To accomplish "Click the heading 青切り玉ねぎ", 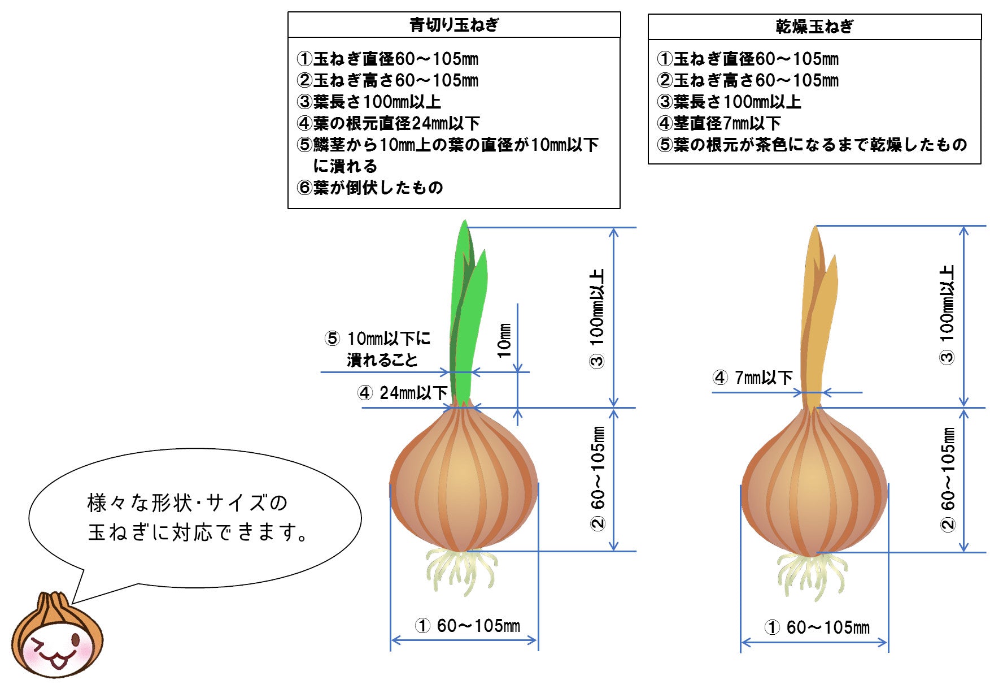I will pos(454,25).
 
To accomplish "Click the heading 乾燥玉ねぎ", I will pos(814,27).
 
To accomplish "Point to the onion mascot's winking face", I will pos(56,650).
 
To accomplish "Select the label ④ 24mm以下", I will pos(402,393).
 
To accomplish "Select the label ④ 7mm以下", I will pos(752,378).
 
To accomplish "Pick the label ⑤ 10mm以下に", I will pos(377,339).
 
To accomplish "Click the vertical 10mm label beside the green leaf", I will pos(504,340).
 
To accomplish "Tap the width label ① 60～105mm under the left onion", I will pos(468,626).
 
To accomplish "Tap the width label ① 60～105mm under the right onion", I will pos(817,627).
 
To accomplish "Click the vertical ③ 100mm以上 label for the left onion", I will pos(597,319).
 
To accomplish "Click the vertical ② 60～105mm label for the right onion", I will pos(948,479).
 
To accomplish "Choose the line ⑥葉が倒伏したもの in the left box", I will pos(370,188).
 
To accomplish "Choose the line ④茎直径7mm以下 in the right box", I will pos(719,123).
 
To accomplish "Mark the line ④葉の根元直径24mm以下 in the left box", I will pos(389,123).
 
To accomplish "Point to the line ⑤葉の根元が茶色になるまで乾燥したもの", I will pos(812,145).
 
